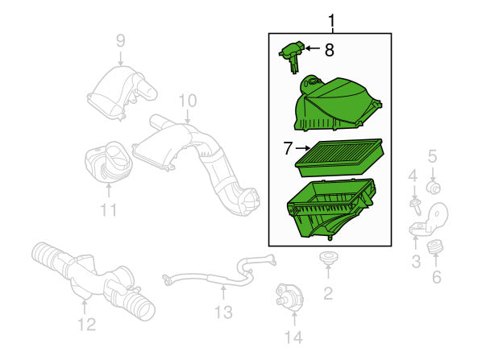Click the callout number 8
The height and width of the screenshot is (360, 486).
(x=329, y=50)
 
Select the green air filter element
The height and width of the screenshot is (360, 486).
(x=339, y=157)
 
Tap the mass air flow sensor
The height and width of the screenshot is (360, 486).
(x=293, y=56)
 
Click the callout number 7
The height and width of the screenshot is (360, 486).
(x=288, y=148)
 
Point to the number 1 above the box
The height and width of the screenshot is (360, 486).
(x=331, y=20)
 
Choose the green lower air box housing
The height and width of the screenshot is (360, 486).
(x=332, y=209)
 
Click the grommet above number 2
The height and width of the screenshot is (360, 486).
(x=328, y=258)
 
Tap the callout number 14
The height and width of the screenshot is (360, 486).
(x=293, y=337)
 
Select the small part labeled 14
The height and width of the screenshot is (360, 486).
(x=289, y=296)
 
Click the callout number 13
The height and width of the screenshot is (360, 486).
(x=223, y=312)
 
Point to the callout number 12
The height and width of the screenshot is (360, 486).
(x=86, y=325)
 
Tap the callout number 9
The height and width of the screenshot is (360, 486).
(x=121, y=40)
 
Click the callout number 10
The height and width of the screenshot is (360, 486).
(x=188, y=101)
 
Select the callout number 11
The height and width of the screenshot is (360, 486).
(x=109, y=209)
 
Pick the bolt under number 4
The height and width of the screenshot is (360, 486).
(x=415, y=206)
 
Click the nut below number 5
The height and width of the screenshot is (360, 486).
(x=434, y=188)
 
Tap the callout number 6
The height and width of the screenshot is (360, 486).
(x=436, y=277)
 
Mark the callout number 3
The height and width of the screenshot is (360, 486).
(x=416, y=261)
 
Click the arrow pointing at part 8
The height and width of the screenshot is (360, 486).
(x=313, y=48)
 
